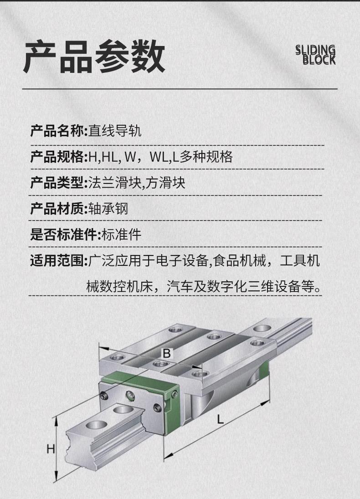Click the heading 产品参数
(x=94, y=56)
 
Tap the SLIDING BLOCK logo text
(x=315, y=55)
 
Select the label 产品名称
(x=57, y=131)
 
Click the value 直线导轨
(x=115, y=131)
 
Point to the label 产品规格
(x=57, y=157)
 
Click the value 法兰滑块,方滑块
(x=137, y=183)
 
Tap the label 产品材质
(x=57, y=209)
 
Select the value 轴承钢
(x=108, y=209)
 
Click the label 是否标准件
(x=64, y=235)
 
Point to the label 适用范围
(x=57, y=260)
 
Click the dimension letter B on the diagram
(x=167, y=353)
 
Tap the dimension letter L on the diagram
(x=220, y=419)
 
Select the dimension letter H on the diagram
(x=51, y=449)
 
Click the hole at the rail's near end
(x=96, y=424)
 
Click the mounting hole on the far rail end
(x=262, y=328)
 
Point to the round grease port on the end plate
(x=130, y=396)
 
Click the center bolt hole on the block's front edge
(x=160, y=364)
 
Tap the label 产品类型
(x=57, y=183)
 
